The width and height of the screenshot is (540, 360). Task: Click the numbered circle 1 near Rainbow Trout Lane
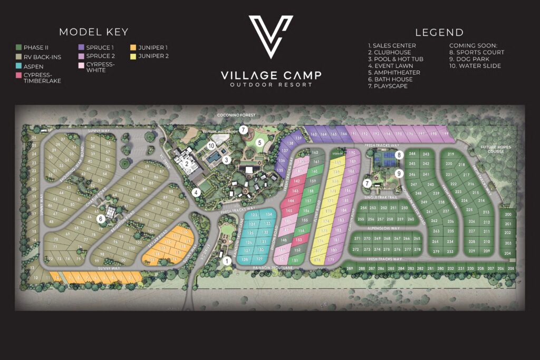227,260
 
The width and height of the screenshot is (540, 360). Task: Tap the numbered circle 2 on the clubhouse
187,163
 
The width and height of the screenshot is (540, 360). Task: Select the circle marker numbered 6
101,219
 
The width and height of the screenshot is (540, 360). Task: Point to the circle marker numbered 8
400,155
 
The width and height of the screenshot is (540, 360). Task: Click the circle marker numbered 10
211,145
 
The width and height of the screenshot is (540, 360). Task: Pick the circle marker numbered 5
259,142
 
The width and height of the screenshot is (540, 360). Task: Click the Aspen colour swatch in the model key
18,67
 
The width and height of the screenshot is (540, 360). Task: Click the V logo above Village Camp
271,37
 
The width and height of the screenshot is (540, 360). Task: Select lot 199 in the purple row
446,134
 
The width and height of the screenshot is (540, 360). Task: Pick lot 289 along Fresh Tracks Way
350,269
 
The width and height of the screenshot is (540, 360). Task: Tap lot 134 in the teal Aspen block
269,215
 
